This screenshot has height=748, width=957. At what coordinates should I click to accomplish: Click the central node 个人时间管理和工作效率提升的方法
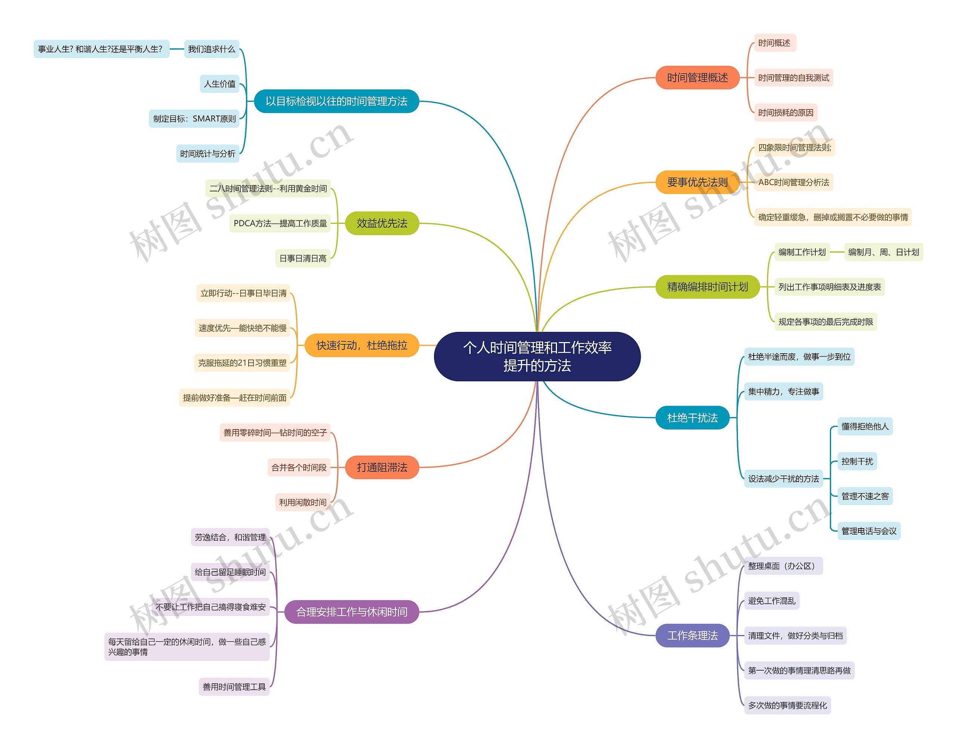coord(537,356)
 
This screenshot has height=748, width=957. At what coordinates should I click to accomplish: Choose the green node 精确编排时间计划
coord(707,287)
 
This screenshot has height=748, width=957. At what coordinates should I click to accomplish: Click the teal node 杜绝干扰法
coord(692,418)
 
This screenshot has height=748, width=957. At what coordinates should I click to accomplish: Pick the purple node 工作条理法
coord(692,635)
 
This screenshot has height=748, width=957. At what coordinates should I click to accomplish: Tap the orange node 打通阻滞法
coord(382,467)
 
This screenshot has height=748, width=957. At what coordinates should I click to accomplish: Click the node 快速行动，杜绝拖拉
coord(361,345)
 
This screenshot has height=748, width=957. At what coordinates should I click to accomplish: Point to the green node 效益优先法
coord(382,223)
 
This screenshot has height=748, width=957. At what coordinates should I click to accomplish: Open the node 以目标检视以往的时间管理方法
coord(336,101)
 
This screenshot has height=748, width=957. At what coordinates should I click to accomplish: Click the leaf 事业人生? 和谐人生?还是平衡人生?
coord(101,49)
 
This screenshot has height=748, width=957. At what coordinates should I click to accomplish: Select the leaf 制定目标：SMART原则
coord(194,119)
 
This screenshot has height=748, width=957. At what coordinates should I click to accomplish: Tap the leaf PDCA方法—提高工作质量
coord(280,224)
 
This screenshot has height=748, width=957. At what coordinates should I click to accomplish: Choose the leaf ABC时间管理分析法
coord(793,182)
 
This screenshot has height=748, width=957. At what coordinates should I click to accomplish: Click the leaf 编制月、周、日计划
coord(883,252)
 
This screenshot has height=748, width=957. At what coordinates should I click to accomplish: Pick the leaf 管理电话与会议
coord(868,531)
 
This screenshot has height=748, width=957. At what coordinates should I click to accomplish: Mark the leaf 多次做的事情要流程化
coord(787,705)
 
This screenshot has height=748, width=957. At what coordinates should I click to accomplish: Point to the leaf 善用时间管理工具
coord(234,687)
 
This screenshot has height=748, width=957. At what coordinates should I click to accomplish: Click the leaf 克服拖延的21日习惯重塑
coord(242,363)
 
